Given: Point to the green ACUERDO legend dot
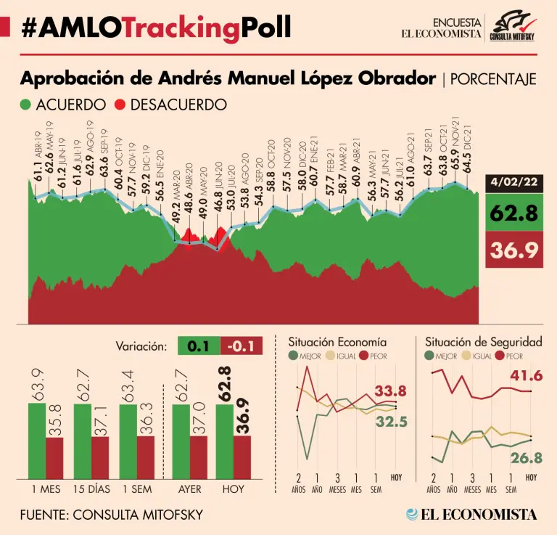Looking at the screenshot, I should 26,105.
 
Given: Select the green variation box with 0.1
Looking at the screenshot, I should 198,346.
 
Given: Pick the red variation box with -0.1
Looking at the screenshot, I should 241,346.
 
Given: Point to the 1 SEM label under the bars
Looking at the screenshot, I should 136,489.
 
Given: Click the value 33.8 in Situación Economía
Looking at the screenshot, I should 390,391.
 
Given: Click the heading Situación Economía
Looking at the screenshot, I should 337,341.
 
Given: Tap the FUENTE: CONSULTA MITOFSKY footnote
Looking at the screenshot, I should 112,515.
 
